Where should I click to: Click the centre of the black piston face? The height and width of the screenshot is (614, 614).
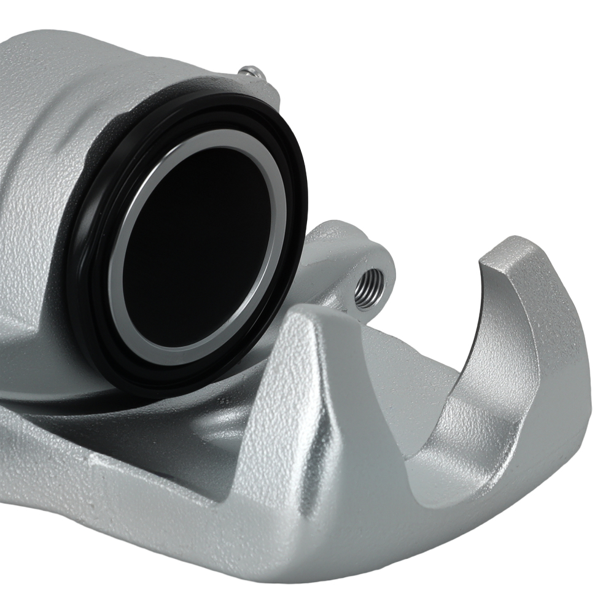point(196,246)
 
